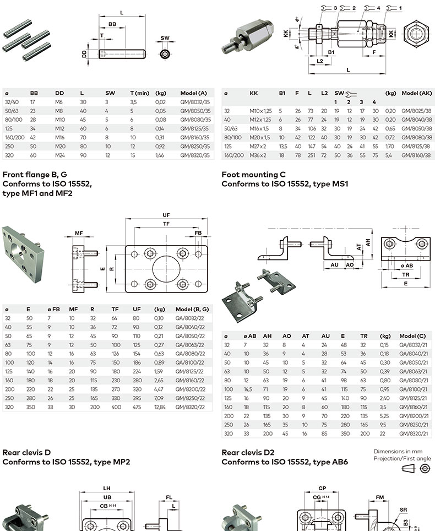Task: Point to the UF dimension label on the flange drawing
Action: (166, 215)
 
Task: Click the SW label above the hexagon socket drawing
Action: (165, 39)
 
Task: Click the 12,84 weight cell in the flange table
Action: (160, 406)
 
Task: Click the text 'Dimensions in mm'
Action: (401, 451)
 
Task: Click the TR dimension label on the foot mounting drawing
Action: (406, 274)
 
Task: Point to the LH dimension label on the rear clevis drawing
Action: (106, 487)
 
